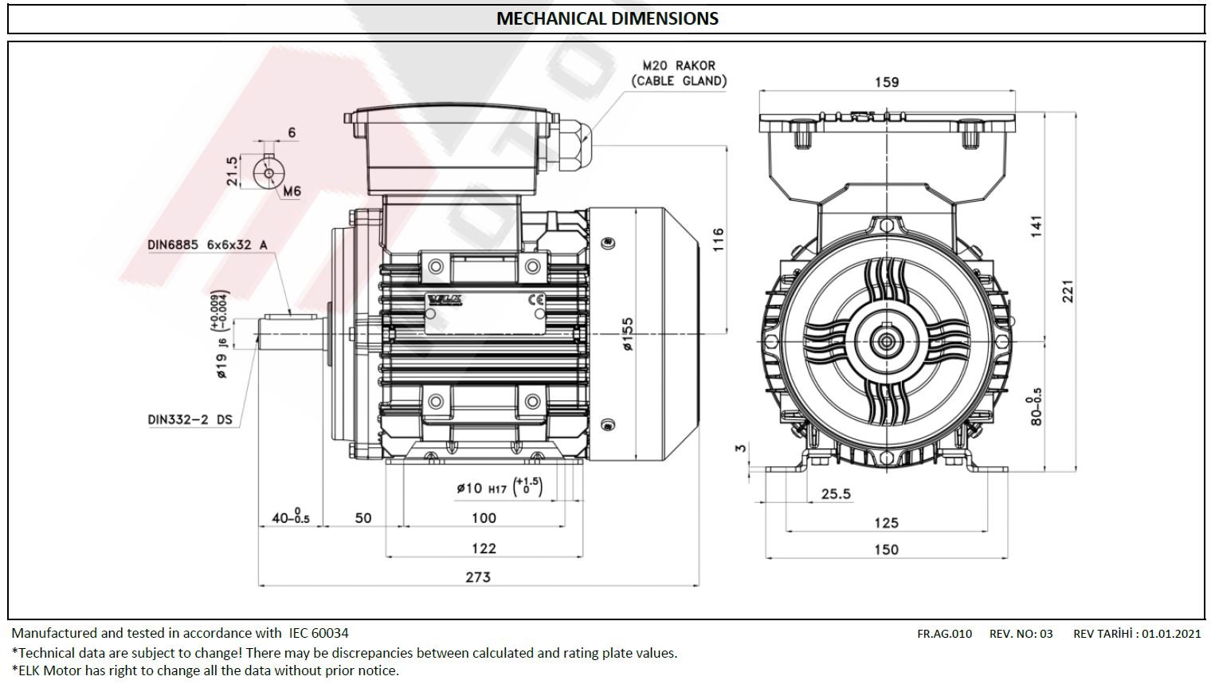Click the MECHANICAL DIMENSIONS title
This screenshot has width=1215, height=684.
coord(607,18)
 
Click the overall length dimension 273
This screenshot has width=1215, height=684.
coord(478,576)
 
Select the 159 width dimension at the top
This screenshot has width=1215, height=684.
coord(886,81)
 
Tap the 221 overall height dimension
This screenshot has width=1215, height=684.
coord(1068,291)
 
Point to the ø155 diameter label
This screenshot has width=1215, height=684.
coord(628,336)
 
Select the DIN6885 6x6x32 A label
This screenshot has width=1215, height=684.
coord(207,245)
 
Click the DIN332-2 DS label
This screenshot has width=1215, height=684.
coord(190,419)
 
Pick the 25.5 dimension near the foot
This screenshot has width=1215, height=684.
coord(836,494)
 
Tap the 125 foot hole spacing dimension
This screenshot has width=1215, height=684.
coord(886,522)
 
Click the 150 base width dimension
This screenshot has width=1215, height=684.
coord(886,549)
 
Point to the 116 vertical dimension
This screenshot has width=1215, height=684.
coord(718,240)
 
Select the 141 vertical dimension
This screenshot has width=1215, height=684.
coord(1037,226)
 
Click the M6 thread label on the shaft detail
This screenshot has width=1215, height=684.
coord(292,191)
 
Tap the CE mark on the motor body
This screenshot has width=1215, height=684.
coord(537,300)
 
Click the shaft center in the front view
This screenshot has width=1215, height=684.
coord(886,342)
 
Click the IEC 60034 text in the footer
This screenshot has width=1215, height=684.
coord(318,633)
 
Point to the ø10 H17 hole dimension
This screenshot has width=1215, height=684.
coord(499,487)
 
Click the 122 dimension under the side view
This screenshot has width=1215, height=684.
coord(484,548)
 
